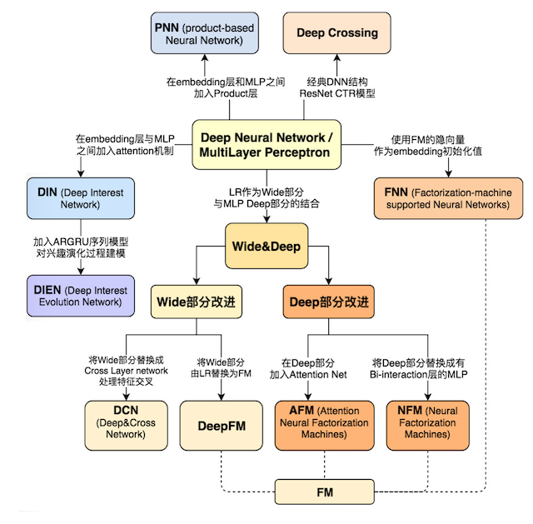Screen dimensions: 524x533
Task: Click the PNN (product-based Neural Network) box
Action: coord(205,33)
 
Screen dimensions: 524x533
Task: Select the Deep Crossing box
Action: coord(336,33)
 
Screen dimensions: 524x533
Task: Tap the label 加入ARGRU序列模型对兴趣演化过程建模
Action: coord(80,247)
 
